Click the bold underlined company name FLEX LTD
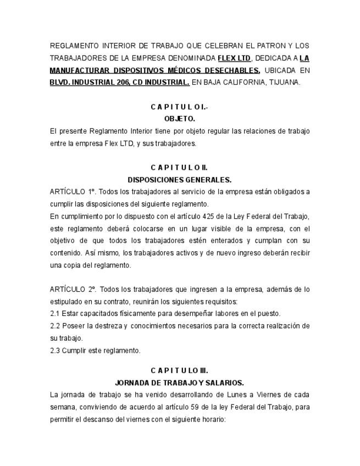[x=234, y=57]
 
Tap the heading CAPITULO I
[x=179, y=106]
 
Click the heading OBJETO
[x=179, y=118]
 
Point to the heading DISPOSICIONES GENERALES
[x=179, y=179]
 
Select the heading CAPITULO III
[x=179, y=370]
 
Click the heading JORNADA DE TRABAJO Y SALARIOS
[x=179, y=382]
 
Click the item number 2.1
[x=56, y=313]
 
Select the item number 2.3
[x=56, y=350]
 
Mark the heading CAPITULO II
[x=179, y=167]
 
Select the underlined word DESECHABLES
[x=234, y=70]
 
